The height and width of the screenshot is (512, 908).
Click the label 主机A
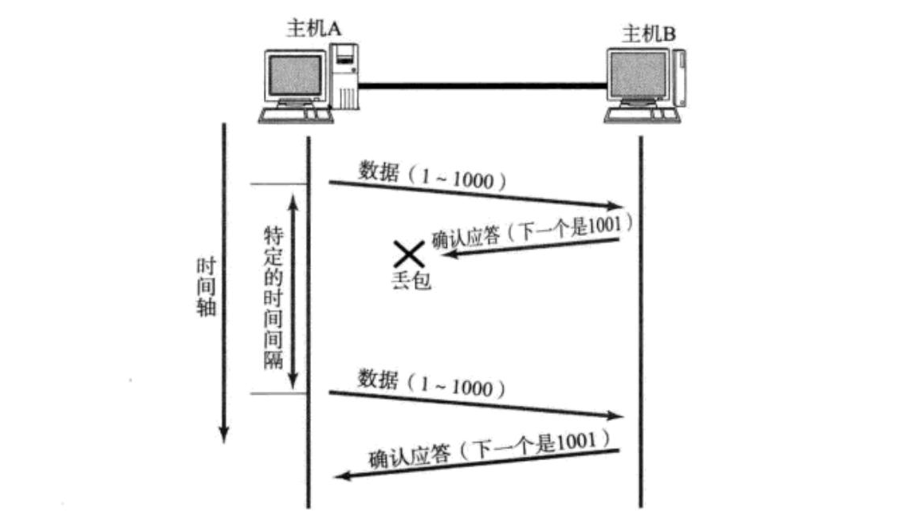(313, 28)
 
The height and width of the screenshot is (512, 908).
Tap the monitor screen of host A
(297, 77)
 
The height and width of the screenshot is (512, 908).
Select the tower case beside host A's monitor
(345, 78)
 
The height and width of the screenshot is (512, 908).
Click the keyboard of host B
(643, 116)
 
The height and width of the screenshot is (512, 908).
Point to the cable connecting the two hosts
(482, 83)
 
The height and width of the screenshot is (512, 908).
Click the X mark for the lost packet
(409, 254)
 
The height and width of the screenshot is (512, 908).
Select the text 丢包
(411, 281)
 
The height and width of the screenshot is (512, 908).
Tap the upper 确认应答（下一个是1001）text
(533, 230)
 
